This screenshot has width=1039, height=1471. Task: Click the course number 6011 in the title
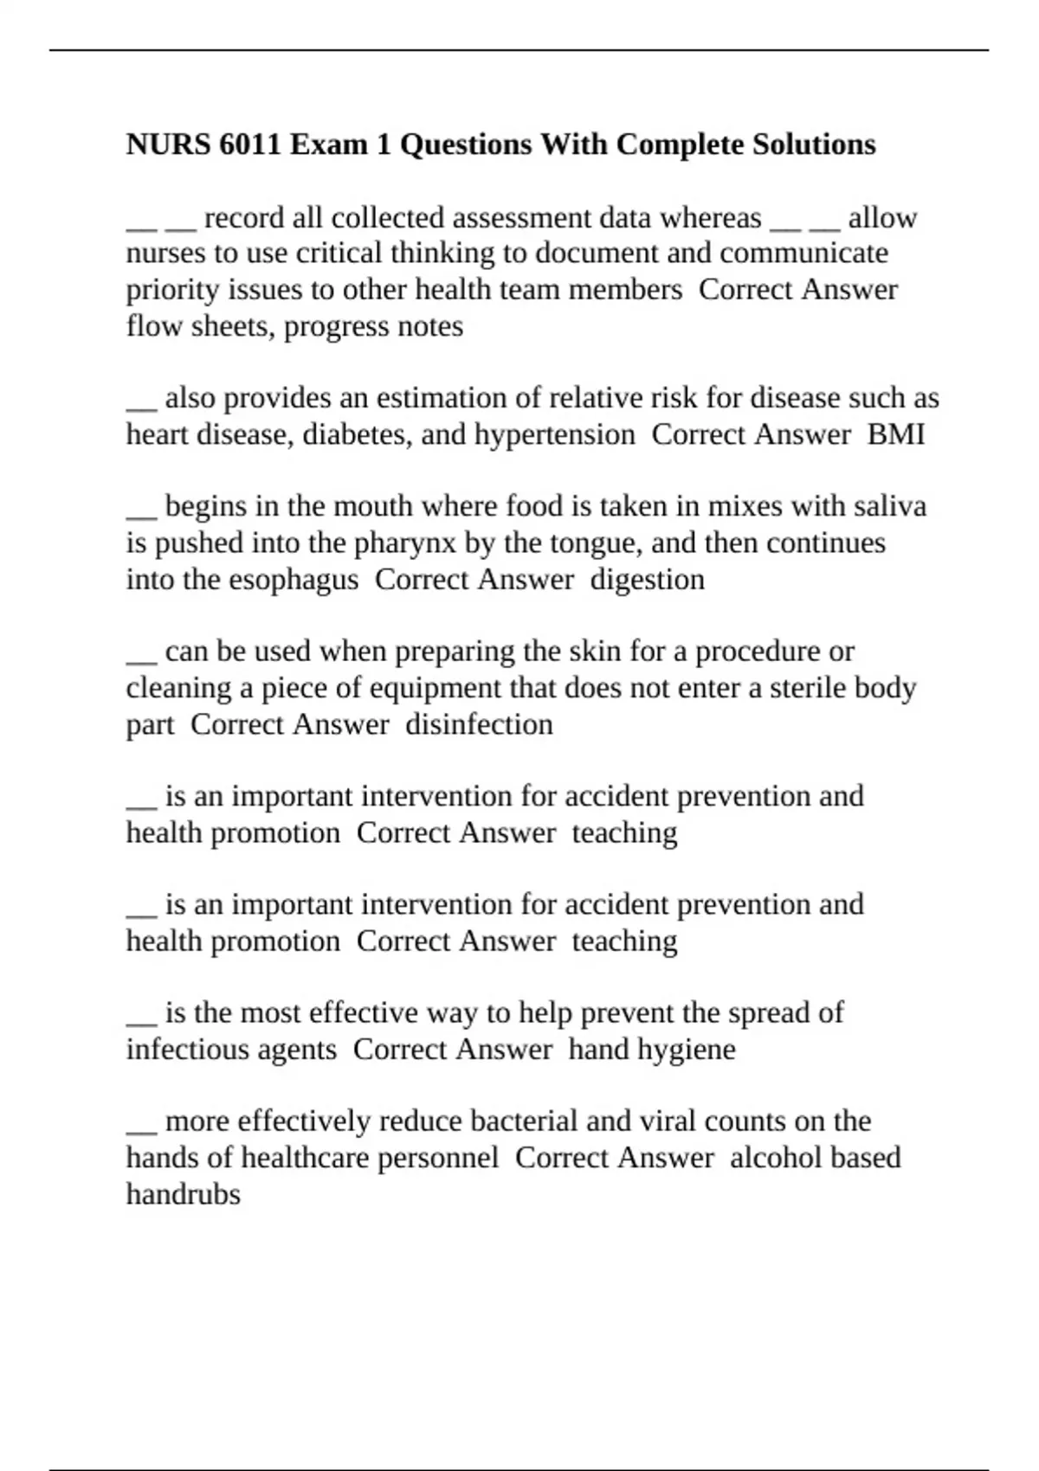(x=250, y=144)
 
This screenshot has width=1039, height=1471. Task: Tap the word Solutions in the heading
(x=814, y=144)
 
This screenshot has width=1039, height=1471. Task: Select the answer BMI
(x=896, y=434)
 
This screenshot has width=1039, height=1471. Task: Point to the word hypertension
(x=554, y=434)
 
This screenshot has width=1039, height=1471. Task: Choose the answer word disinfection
(x=479, y=724)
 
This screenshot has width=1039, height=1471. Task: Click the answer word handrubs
(x=184, y=1194)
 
